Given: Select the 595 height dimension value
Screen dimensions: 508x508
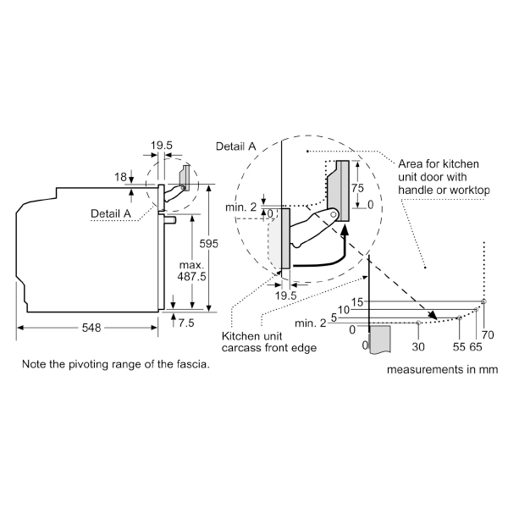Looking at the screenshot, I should (209, 244).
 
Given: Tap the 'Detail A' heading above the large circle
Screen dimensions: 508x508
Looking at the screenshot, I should (236, 146).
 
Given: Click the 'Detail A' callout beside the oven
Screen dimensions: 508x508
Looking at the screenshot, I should (111, 214).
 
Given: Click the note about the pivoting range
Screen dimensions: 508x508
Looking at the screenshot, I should (116, 364).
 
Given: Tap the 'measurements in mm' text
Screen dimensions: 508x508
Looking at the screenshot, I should (442, 369).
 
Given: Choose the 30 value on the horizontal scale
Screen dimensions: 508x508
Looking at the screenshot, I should (417, 345).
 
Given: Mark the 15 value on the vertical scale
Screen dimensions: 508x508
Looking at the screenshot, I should (356, 301).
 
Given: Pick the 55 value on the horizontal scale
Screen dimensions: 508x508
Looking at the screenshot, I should (458, 345).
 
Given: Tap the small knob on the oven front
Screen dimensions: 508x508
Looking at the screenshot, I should (170, 219).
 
